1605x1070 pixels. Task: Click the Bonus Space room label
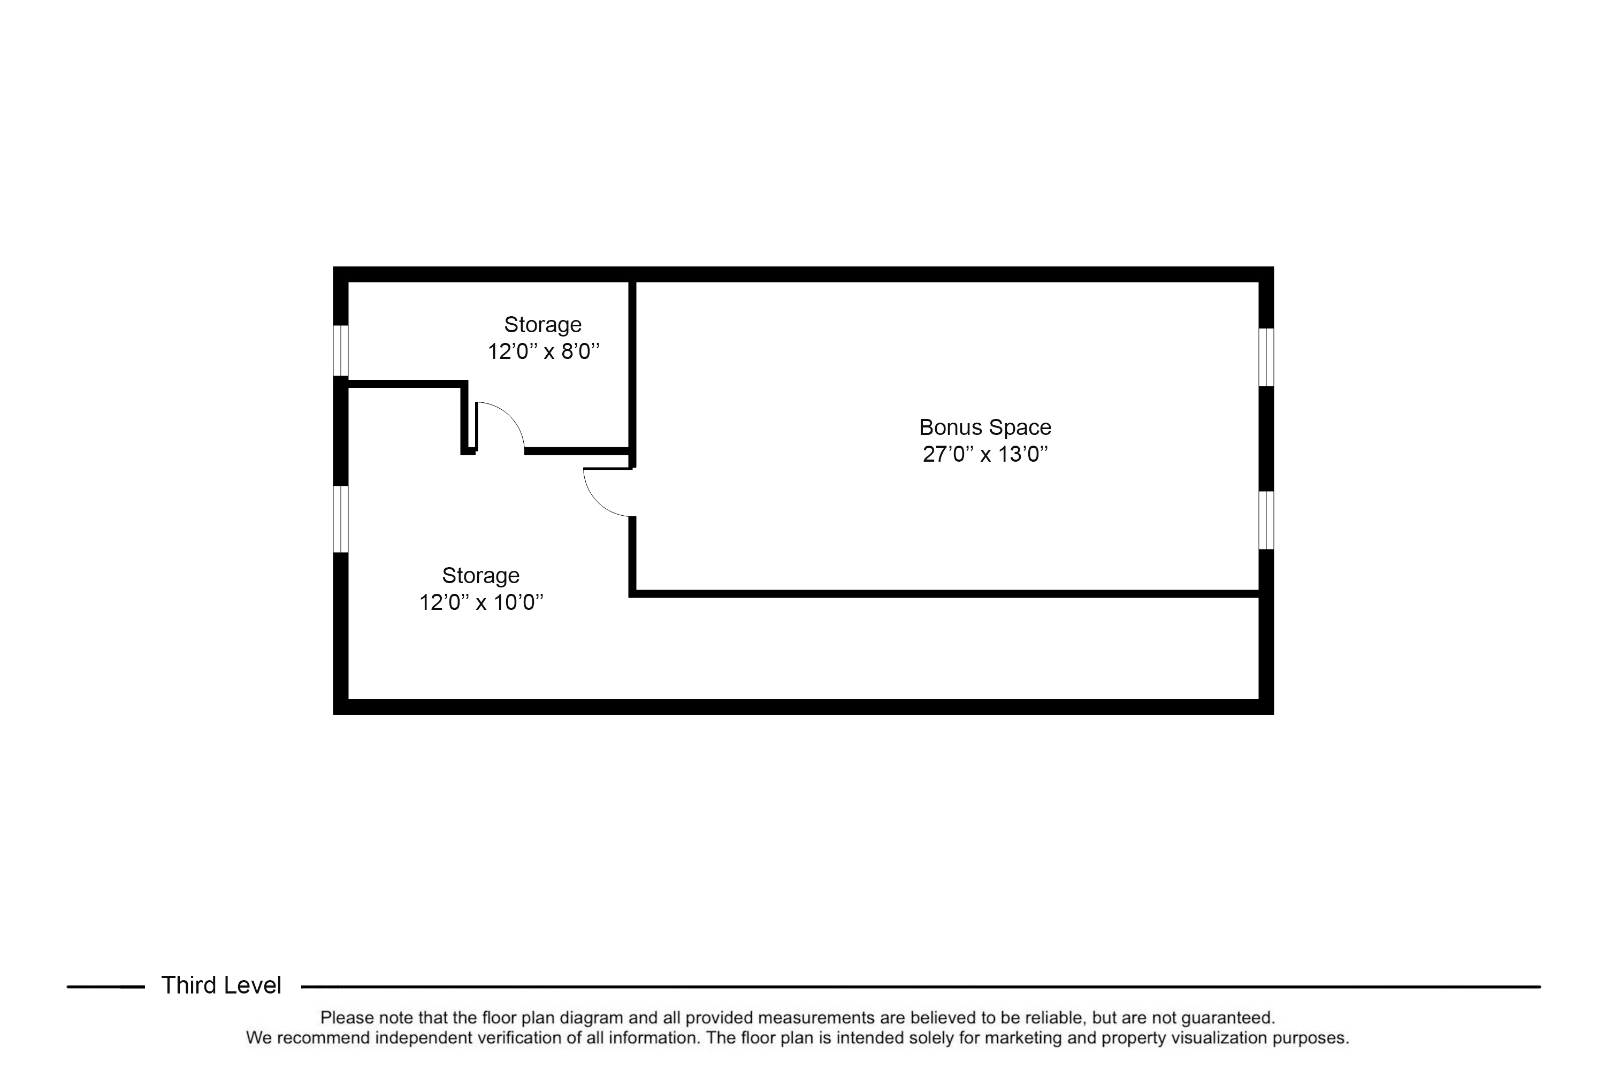click(985, 427)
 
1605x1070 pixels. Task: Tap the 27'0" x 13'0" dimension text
click(985, 454)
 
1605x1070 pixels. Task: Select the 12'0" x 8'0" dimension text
click(543, 351)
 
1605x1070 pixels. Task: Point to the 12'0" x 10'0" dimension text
click(481, 602)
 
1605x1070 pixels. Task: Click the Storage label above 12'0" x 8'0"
click(542, 324)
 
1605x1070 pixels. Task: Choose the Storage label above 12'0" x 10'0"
click(480, 575)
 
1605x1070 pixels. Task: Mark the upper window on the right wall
click(1266, 357)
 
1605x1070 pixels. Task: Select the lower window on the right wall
click(1266, 520)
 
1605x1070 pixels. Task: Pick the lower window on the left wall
click(340, 518)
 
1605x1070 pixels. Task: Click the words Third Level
click(221, 985)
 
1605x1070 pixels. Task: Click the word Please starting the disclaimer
click(347, 1018)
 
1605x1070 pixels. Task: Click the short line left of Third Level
click(106, 987)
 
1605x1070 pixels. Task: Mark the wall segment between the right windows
click(1266, 439)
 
